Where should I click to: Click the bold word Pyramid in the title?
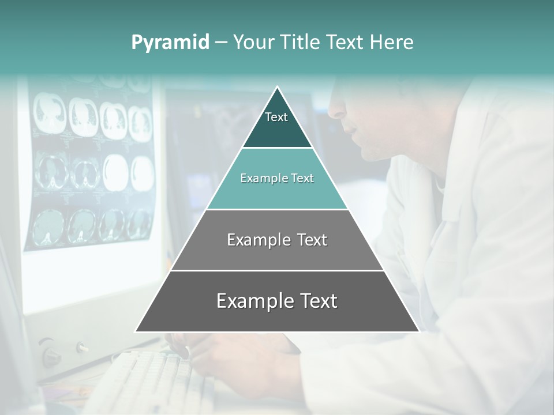coord(170,43)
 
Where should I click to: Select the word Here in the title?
coord(392,43)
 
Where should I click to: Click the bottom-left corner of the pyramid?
coord(136,331)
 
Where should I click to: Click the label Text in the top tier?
coord(276,117)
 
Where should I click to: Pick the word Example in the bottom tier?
coord(252,301)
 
